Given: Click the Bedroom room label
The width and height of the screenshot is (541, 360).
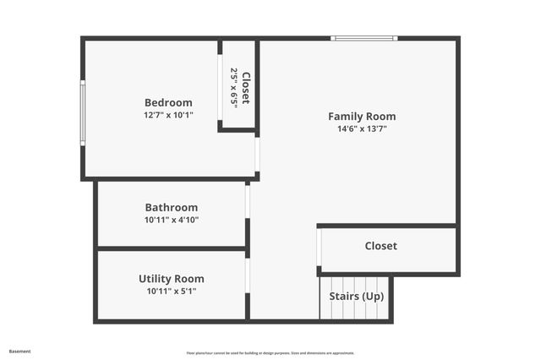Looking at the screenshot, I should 167,102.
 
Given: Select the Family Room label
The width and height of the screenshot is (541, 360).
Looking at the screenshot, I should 362,117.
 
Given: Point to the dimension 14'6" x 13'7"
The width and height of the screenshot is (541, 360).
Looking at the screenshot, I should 362,129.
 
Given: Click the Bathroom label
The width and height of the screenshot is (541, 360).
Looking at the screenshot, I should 172,207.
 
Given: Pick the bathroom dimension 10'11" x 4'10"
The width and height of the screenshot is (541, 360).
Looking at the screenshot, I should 172,220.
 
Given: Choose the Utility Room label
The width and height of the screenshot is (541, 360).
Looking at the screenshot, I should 172,278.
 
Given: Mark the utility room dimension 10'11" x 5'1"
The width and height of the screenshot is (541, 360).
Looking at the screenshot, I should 172,292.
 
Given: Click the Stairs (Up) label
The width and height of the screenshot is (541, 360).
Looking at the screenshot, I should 356,297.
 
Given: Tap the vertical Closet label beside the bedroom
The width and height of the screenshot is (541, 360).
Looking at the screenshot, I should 246,88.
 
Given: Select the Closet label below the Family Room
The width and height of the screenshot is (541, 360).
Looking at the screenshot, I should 380,246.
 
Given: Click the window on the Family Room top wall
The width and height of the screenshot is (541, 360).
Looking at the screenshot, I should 363,38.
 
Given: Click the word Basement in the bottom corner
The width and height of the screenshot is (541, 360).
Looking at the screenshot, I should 19,351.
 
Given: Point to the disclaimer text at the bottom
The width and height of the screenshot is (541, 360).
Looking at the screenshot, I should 270,353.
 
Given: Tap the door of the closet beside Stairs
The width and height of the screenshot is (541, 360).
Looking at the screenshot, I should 320,248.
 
